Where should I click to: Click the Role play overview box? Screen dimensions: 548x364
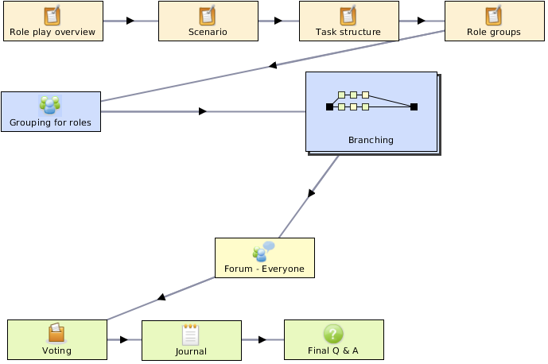pyautogui.click(x=53, y=21)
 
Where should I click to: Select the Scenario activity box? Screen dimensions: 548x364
pyautogui.click(x=208, y=21)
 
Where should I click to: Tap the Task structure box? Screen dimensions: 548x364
pyautogui.click(x=349, y=21)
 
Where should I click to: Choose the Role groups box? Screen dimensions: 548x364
pyautogui.click(x=494, y=21)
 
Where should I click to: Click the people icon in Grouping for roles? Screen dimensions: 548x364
pyautogui.click(x=50, y=105)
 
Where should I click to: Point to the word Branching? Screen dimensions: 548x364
pyautogui.click(x=371, y=140)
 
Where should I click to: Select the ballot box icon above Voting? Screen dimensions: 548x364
pyautogui.click(x=56, y=332)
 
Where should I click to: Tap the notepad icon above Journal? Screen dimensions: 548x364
pyautogui.click(x=190, y=335)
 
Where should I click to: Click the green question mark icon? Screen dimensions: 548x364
pyautogui.click(x=333, y=334)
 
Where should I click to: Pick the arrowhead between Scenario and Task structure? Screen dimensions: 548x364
pyautogui.click(x=278, y=21)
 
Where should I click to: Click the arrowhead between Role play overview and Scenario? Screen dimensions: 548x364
pyautogui.click(x=130, y=21)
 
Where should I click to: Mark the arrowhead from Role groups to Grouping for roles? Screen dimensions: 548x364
pyautogui.click(x=273, y=65)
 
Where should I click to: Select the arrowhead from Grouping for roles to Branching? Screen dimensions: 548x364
pyautogui.click(x=203, y=111)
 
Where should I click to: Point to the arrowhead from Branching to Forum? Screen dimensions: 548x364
pyautogui.click(x=311, y=193)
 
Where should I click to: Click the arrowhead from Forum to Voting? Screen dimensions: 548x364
pyautogui.click(x=161, y=297)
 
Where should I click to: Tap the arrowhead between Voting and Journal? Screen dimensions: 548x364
pyautogui.click(x=124, y=339)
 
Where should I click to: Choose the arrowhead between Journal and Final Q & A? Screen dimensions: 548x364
pyautogui.click(x=262, y=339)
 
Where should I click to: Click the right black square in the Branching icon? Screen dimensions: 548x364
pyautogui.click(x=414, y=106)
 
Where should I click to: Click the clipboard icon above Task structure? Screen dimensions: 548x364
pyautogui.click(x=348, y=15)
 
